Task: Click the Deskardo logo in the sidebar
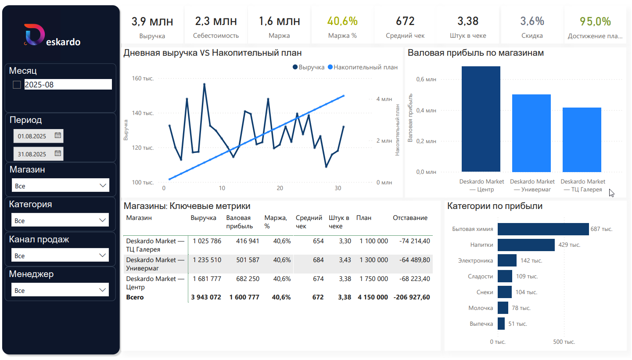coord(52,36)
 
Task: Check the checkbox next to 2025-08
coord(17,85)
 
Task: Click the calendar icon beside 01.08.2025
coord(57,136)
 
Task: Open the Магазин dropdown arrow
coord(103,186)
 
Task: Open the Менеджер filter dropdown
coord(60,290)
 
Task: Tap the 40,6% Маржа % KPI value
coord(342,21)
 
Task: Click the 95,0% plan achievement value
coord(595,21)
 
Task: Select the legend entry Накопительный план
coord(365,67)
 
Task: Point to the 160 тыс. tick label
coord(143,79)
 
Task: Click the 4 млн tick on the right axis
coord(384,99)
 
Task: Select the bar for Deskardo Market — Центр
coord(481,119)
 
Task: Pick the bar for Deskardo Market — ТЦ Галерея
coord(582,139)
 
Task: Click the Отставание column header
coord(410,218)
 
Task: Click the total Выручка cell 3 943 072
coord(206,297)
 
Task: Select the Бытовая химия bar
coord(543,229)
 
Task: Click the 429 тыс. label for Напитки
coord(569,245)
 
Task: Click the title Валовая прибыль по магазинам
coord(476,53)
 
